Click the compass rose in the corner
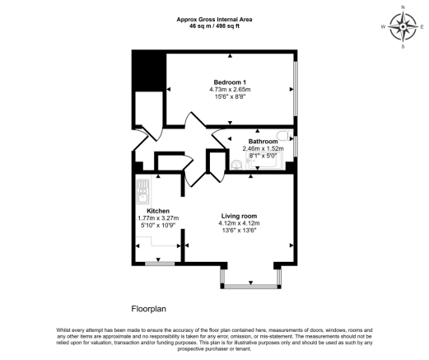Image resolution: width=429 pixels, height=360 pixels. point(403,27)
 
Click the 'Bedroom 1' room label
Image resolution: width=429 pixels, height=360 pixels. point(231,82)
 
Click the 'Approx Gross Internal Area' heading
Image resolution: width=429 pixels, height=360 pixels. point(214,19)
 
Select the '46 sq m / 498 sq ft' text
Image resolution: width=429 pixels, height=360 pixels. point(214,26)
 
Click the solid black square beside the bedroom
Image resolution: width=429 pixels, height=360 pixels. point(149,70)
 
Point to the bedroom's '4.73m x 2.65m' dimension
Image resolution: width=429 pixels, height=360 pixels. point(231,90)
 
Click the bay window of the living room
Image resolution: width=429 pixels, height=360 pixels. point(251,286)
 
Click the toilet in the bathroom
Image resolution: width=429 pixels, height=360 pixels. point(282,137)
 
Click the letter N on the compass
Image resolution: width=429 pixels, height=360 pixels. point(403,7)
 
